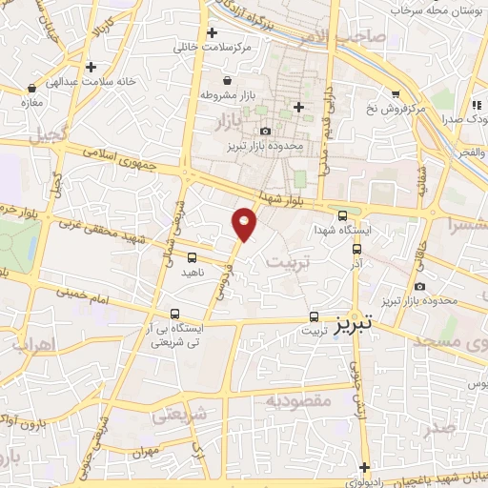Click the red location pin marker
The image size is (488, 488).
[245, 224]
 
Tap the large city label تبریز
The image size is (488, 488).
[356, 324]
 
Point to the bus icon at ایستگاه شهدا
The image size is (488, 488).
[342, 215]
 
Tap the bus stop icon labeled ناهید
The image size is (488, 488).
[193, 257]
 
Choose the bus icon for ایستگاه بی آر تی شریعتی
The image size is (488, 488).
[174, 314]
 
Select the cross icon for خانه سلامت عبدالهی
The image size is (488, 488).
[91, 67]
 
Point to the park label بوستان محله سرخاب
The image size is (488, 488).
[437, 9]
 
